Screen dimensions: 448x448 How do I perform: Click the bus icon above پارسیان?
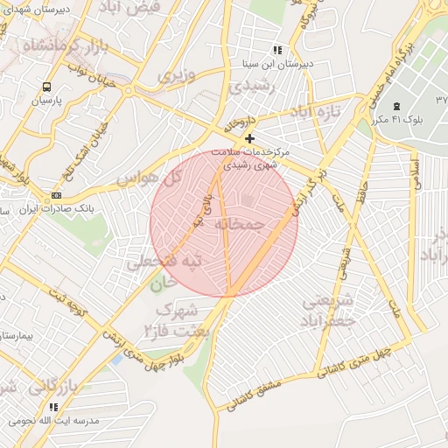46,87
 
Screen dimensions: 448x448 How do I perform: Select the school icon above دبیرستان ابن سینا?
277,51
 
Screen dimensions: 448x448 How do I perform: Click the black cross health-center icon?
250,138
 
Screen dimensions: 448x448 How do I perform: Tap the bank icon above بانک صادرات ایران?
57,195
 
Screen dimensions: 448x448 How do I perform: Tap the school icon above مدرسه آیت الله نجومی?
53,407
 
